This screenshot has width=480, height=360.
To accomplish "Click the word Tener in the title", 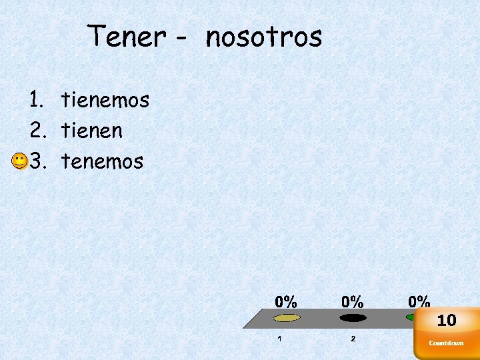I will pos(127,37).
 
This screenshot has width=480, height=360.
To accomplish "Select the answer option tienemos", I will pos(105,101).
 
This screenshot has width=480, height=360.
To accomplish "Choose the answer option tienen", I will pos(92,131).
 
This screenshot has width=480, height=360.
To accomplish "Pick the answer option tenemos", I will pos(102,161).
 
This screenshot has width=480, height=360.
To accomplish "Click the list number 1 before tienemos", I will pos(35,101).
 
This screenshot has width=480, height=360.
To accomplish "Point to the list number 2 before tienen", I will pos(35,131).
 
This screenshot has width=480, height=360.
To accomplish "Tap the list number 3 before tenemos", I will pos(35,161).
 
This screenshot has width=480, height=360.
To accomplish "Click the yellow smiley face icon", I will pos(19,161).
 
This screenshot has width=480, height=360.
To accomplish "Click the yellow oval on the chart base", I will pos(287,317).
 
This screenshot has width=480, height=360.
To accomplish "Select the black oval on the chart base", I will pos(353,317).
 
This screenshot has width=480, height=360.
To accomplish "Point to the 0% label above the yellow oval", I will pos(287,301).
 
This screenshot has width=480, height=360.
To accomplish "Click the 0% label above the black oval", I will pos(353,301).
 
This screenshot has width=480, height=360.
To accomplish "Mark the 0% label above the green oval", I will pos(419,301).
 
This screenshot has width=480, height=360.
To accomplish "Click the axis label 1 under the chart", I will pos(279,339).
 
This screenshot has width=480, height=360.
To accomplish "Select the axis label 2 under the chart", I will pos(353,339).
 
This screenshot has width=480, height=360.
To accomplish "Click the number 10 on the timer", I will pos(447,321).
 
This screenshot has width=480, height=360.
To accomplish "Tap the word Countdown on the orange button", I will pos(446,343).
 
